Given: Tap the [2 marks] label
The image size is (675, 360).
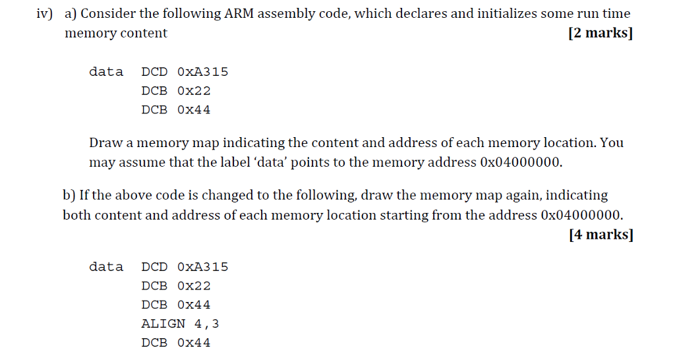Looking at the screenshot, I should point(600,33).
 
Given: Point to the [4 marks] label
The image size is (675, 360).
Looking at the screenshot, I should point(600,235).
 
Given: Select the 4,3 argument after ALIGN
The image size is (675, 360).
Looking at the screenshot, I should point(206,324).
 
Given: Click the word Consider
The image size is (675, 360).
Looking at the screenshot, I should point(107,13).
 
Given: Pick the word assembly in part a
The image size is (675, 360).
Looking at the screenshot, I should point(287,13).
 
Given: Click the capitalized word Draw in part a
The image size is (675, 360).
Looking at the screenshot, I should point(105,142).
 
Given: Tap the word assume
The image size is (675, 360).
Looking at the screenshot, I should point(143,162).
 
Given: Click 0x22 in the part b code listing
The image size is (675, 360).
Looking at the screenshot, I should point(194,285).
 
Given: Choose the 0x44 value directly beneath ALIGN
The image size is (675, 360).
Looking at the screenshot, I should point(194,343).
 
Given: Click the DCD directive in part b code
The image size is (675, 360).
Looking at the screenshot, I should point(154,267).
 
